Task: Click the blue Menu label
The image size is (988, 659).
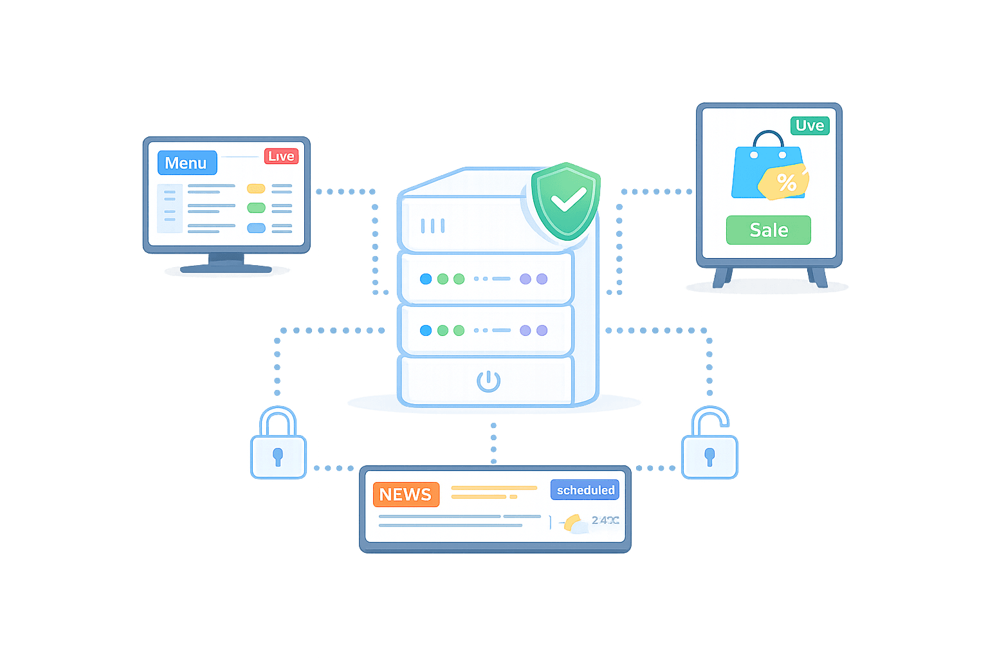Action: (x=187, y=163)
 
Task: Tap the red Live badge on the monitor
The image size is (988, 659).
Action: (x=281, y=156)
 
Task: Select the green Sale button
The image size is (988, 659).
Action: (x=768, y=230)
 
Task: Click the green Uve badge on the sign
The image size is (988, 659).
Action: (x=809, y=125)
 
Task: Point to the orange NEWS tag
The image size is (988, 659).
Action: (x=405, y=494)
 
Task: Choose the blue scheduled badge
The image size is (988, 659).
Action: (x=585, y=490)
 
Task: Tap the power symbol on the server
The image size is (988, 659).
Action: (x=488, y=380)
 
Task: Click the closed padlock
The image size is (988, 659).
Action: (x=278, y=444)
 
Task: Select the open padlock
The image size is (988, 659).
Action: (x=709, y=445)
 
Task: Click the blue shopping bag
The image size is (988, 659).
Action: (x=759, y=172)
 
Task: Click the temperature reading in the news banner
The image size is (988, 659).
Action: (x=605, y=520)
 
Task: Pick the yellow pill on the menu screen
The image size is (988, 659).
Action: (x=256, y=189)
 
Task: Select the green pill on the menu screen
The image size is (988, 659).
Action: (x=256, y=208)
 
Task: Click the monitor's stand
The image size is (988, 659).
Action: (x=226, y=263)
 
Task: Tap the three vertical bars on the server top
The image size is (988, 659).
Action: (x=432, y=225)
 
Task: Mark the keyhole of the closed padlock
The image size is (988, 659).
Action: (x=278, y=456)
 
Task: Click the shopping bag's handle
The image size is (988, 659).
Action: (x=768, y=138)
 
